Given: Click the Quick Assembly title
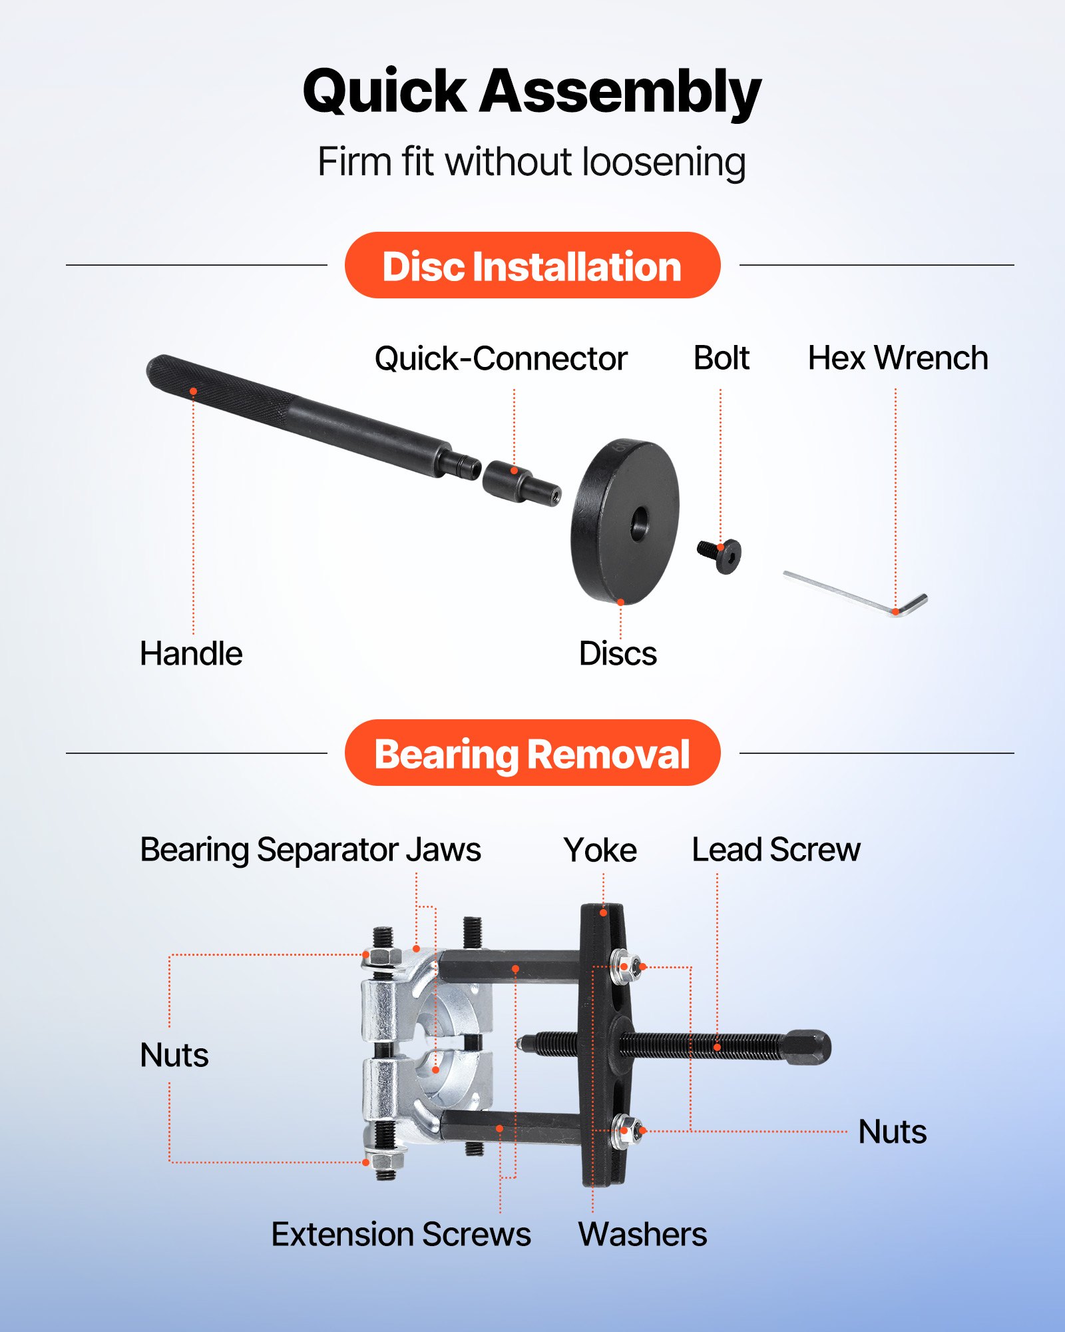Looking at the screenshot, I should click(531, 91).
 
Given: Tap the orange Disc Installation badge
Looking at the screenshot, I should click(532, 266).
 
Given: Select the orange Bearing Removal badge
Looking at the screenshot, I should click(532, 753).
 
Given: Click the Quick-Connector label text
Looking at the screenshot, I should click(501, 359).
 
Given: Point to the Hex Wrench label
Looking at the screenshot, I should click(897, 358).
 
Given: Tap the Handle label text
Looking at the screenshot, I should click(191, 653).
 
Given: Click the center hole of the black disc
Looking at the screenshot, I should click(640, 521).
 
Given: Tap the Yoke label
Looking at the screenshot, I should click(600, 850).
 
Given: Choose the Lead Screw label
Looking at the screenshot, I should click(775, 850).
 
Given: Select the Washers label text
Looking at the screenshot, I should click(642, 1234).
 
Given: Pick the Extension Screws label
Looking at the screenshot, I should click(401, 1234).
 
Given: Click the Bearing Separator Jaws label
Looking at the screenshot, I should click(310, 850).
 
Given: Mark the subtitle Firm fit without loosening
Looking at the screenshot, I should click(531, 162).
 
